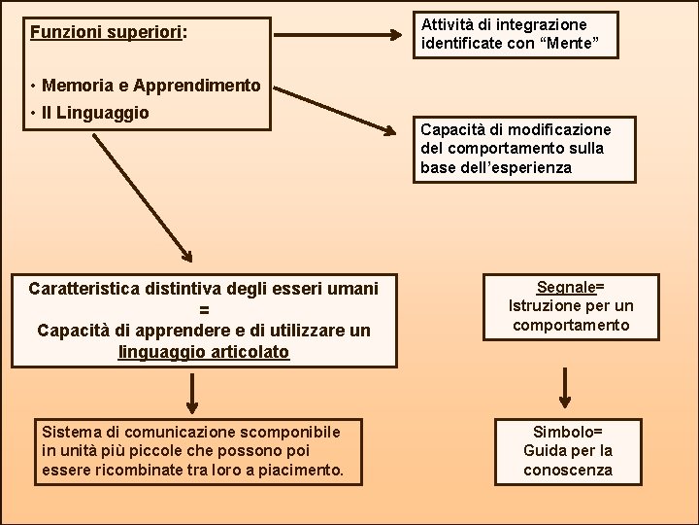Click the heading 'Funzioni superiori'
[106, 32]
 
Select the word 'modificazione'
[563, 129]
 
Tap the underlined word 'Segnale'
[565, 287]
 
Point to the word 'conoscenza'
[568, 470]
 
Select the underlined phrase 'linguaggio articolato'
[204, 351]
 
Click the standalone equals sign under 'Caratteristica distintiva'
[204, 310]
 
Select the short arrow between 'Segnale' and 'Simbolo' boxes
[567, 387]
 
